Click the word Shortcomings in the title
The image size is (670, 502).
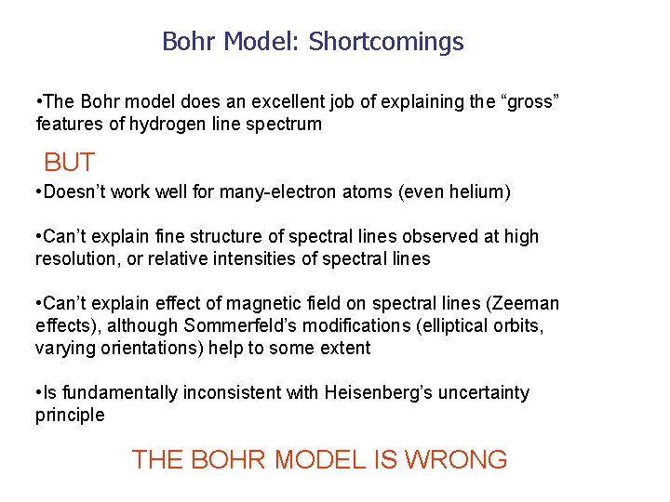click(x=386, y=42)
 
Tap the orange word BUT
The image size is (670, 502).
click(x=69, y=163)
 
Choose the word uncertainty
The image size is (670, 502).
click(x=487, y=393)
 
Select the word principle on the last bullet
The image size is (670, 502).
click(x=70, y=416)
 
